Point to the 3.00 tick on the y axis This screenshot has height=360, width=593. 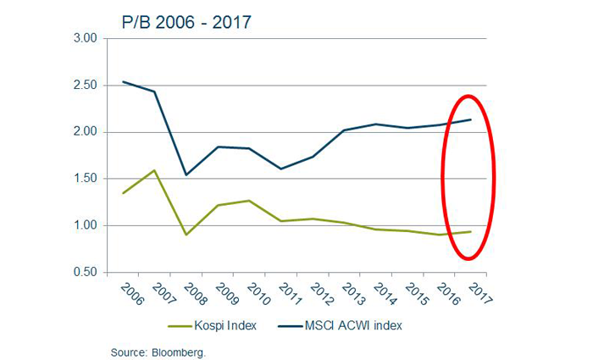[x=87, y=39]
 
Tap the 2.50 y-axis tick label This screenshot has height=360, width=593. [x=87, y=86]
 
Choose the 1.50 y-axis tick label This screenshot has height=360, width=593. [x=87, y=179]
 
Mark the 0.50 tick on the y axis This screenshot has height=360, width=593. [x=87, y=272]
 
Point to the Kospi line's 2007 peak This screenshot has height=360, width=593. [x=154, y=170]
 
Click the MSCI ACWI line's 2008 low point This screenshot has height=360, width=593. [x=186, y=174]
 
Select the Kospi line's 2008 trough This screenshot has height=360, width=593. [x=186, y=235]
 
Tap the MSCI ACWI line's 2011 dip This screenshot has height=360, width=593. [x=281, y=169]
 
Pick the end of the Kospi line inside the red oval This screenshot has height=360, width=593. [x=471, y=231]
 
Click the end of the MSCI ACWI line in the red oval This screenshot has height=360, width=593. [x=471, y=119]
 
